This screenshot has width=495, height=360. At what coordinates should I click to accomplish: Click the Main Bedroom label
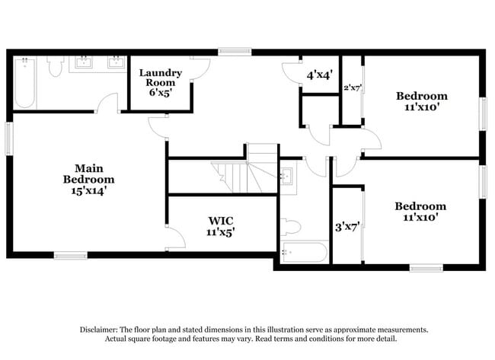(x=89, y=173)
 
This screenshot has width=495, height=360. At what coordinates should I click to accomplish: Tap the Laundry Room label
(x=160, y=78)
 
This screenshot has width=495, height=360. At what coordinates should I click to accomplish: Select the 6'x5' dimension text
(x=160, y=92)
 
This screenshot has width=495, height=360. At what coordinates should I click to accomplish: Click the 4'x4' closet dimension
(x=318, y=75)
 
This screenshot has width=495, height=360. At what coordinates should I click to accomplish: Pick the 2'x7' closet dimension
(x=351, y=88)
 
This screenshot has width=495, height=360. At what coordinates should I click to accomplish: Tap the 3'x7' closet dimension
(x=347, y=226)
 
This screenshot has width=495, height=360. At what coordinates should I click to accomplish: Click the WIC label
(x=221, y=221)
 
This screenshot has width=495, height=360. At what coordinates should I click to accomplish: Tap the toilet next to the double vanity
(x=54, y=68)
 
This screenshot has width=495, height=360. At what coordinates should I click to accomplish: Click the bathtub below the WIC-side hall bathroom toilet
(x=304, y=251)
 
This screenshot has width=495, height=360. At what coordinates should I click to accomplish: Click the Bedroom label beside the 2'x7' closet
(x=421, y=96)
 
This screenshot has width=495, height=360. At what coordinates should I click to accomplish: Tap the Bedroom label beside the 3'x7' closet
(x=420, y=206)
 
